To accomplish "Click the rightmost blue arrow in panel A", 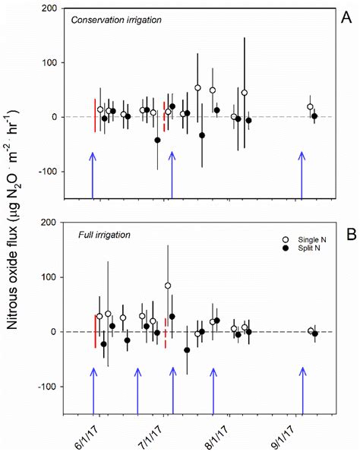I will tap(302, 175).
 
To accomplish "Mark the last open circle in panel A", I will tap(310, 107).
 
